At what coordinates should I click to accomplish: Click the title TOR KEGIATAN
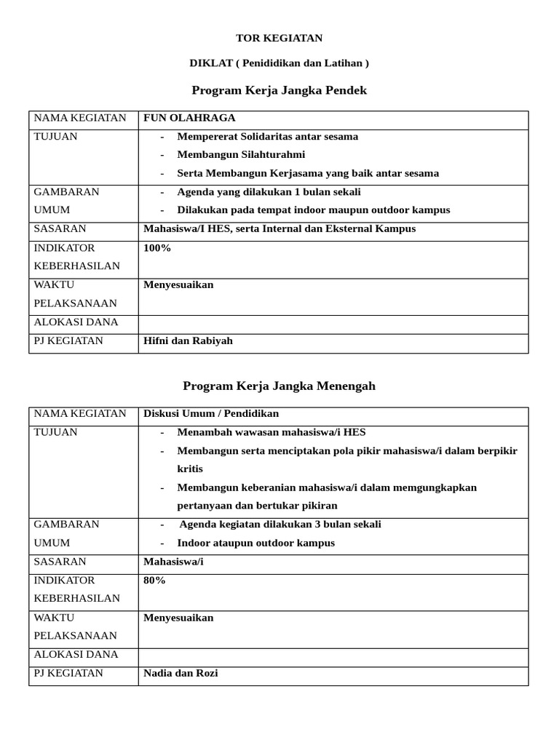279,38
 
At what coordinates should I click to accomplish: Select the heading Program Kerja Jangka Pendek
279,90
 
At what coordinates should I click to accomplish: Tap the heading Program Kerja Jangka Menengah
279,386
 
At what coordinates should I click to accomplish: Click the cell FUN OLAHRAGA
189,118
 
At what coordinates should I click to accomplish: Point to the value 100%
157,248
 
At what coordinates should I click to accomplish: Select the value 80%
154,581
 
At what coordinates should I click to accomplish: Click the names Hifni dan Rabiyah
188,340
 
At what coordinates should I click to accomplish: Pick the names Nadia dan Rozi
181,673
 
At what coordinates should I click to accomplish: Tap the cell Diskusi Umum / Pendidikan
211,413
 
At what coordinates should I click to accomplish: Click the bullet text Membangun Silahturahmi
241,154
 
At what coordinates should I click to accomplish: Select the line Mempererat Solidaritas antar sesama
267,137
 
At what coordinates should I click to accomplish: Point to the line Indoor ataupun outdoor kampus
255,543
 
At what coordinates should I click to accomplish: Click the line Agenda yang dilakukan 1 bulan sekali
269,192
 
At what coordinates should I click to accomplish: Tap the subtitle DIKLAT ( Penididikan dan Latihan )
279,63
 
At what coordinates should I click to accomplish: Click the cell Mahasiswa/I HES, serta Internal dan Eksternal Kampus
279,228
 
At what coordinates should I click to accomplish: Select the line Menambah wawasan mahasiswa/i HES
271,432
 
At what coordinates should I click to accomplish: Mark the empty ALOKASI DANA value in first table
333,322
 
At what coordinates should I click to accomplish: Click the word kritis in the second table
190,469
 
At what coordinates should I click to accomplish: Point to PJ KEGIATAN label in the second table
68,673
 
